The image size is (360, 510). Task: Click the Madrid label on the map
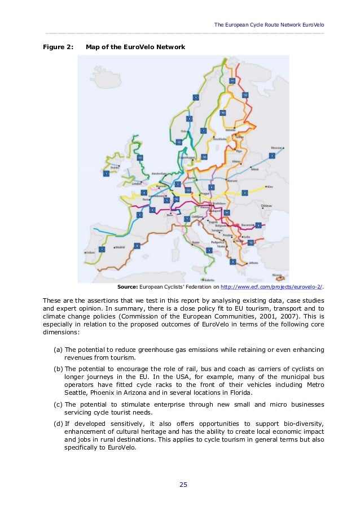(120, 247)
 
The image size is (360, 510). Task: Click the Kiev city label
(269, 186)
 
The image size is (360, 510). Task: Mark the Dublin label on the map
(115, 167)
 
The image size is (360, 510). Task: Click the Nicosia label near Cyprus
(276, 275)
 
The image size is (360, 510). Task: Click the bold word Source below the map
(128, 287)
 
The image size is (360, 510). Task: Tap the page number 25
(183, 484)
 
